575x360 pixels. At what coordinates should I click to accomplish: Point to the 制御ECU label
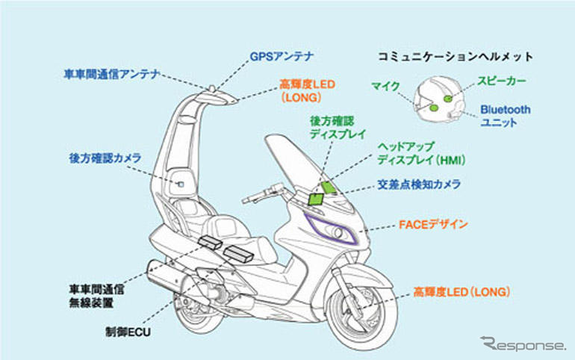[129, 329]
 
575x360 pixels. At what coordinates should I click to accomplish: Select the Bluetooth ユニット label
[506, 115]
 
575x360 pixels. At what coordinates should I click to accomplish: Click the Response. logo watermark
[523, 344]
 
